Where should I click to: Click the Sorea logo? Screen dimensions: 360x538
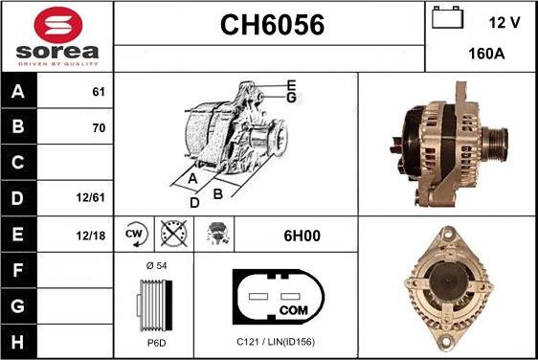[x=56, y=35]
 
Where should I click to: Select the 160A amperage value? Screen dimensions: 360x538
[x=487, y=54]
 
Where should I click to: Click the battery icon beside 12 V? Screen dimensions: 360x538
[x=446, y=18]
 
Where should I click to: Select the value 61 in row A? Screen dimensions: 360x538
[x=98, y=93]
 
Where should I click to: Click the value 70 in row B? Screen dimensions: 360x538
[x=98, y=127]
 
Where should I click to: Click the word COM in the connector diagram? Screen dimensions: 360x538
[x=293, y=310]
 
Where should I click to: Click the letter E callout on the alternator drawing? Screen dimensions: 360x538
[x=291, y=85]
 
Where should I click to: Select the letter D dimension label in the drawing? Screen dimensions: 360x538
[x=193, y=202]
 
